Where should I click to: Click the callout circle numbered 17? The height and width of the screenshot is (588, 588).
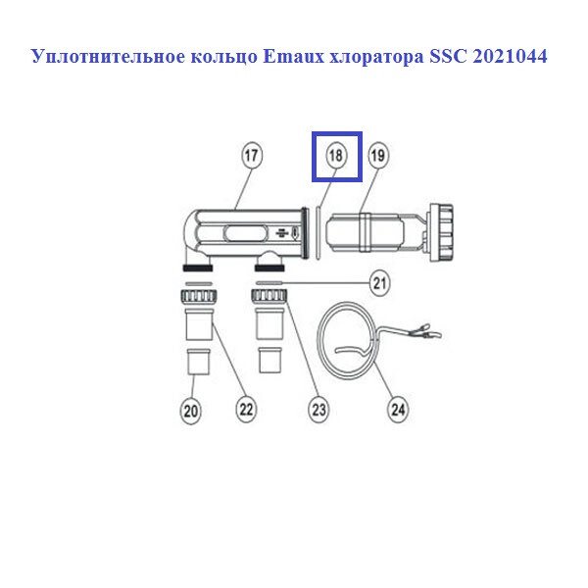click(251, 155)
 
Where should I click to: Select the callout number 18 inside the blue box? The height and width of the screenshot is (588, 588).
click(335, 155)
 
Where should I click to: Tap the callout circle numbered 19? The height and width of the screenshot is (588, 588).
click(378, 155)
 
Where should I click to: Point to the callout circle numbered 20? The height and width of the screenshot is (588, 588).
click(191, 411)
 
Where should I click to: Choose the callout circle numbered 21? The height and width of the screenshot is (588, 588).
click(380, 283)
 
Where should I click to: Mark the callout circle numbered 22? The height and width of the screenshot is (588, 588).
click(246, 409)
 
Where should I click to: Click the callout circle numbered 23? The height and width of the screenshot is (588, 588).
click(318, 410)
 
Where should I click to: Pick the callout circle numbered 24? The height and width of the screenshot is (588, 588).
click(398, 410)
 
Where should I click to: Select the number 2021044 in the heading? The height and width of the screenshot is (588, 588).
click(510, 57)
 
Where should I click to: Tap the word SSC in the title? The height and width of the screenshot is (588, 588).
click(448, 57)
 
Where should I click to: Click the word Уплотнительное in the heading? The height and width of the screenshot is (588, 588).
click(109, 57)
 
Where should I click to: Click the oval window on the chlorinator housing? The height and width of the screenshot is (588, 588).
click(246, 233)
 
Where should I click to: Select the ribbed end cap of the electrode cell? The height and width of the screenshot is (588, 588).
click(441, 232)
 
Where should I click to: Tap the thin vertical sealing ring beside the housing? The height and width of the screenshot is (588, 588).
click(318, 233)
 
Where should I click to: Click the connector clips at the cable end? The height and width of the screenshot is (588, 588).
click(426, 330)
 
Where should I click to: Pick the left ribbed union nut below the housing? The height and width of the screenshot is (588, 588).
click(198, 296)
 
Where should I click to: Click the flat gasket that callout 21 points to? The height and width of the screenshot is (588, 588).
click(269, 283)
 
